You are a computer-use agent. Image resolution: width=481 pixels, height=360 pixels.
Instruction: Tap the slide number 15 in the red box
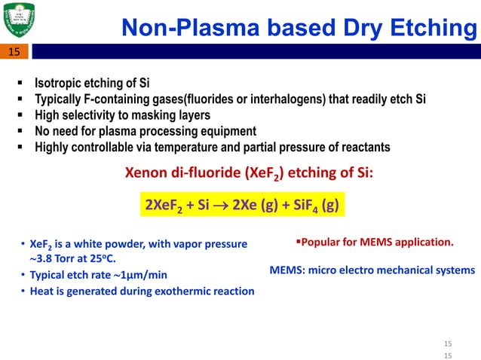pos(15,52)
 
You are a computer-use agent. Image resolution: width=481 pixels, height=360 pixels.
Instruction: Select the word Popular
pos(322,243)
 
